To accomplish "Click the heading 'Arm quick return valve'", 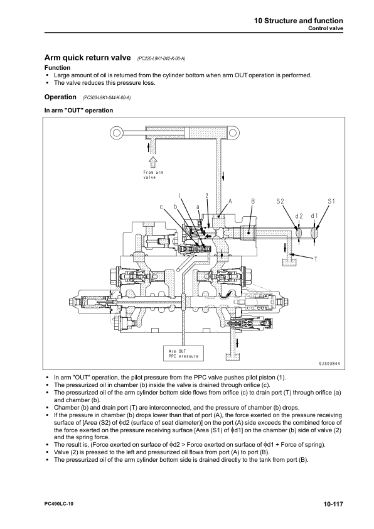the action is (x=88, y=58).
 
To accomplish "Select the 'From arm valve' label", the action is (x=153, y=175).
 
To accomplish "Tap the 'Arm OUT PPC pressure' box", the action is (x=184, y=354).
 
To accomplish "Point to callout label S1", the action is (x=331, y=202).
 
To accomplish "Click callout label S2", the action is (x=280, y=202).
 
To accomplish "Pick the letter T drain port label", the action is (x=316, y=259).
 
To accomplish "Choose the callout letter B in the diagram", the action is (x=253, y=202).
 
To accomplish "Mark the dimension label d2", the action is (x=299, y=216).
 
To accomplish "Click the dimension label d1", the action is (x=314, y=216).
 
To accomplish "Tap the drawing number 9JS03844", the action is (x=329, y=364).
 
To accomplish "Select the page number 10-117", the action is (x=333, y=504).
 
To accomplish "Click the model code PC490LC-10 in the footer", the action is (x=58, y=504).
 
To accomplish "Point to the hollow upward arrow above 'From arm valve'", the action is (x=153, y=161).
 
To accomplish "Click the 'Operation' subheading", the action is (x=60, y=97).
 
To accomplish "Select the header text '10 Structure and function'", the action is (x=299, y=21).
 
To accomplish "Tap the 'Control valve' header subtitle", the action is (x=326, y=28).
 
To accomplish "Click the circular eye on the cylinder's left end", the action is (x=117, y=132).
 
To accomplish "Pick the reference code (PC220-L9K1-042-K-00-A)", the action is (x=161, y=58).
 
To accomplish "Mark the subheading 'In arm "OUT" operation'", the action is (x=79, y=111).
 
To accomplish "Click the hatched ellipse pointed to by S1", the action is (x=314, y=232).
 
